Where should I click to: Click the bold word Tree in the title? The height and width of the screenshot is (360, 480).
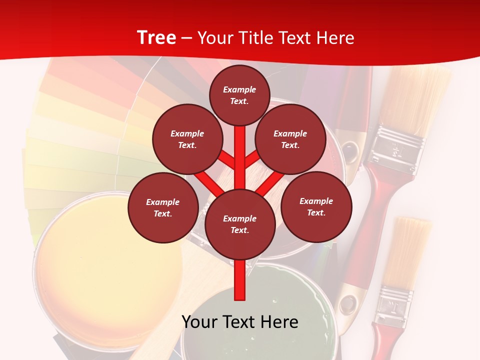click(156, 37)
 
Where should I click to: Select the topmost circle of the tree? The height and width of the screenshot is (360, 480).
click(239, 95)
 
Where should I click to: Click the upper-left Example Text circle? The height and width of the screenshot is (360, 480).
click(187, 139)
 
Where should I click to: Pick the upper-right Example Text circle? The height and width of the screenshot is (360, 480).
click(290, 139)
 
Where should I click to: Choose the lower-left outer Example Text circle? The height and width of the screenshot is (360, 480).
click(162, 207)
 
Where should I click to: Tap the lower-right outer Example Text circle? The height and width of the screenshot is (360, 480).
click(316, 206)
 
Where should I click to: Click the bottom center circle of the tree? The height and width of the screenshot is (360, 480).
click(239, 224)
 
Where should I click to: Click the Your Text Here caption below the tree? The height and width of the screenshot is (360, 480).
click(239, 322)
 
